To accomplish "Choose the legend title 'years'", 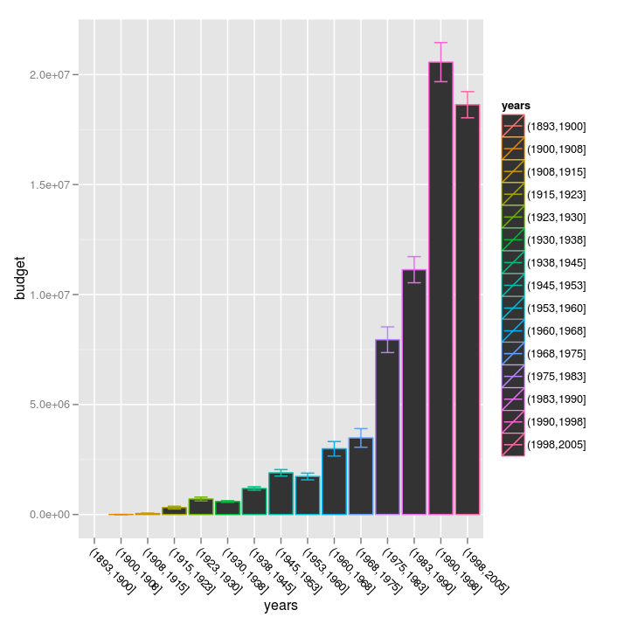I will click(516, 106).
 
